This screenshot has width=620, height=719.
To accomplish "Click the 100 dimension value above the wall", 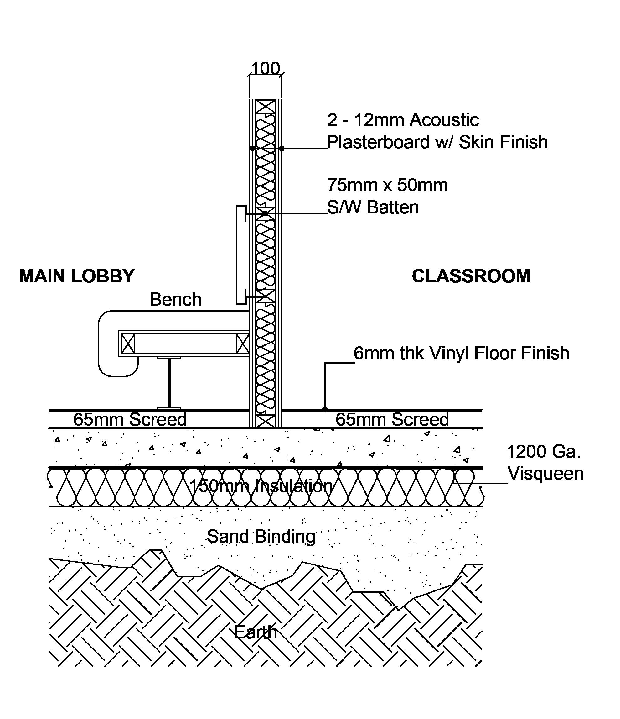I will point(265,68).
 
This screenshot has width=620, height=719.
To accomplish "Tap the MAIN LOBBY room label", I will point(77,276).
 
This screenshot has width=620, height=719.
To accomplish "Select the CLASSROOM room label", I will point(471,276).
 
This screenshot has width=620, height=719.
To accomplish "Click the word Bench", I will point(175,299).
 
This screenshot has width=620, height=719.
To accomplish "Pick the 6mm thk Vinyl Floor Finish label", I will point(461,353).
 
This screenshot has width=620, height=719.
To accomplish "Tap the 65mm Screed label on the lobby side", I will point(130,419).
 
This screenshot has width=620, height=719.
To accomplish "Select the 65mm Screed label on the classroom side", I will point(392,419).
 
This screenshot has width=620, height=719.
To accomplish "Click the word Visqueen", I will point(546,474).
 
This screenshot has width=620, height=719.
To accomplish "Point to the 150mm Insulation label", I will point(261,486).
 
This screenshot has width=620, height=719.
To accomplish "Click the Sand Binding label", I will point(261,537).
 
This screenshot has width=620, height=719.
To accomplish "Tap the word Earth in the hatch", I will point(256,632).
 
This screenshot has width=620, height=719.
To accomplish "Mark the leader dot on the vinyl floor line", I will point(325,409).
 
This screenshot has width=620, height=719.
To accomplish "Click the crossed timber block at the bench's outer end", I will point(128,344).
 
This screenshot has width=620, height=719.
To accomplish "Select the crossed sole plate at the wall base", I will point(266,421).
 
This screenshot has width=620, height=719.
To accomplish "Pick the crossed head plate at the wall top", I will point(266,106).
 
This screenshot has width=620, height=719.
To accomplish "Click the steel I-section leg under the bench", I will point(169,383).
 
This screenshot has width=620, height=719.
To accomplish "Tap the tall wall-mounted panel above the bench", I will point(241,255).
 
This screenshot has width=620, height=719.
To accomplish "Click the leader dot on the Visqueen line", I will point(453,468).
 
